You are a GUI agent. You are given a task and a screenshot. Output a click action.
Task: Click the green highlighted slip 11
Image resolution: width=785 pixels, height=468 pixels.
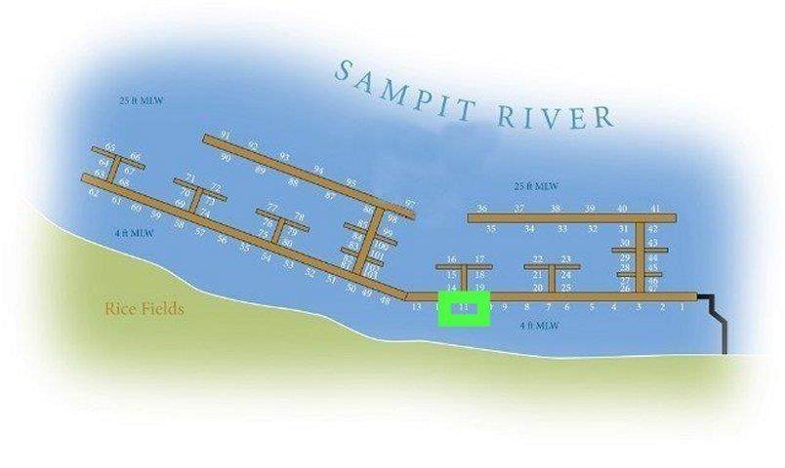click(464, 308)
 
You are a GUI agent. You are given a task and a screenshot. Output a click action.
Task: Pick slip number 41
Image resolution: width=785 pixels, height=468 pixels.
click(655, 209)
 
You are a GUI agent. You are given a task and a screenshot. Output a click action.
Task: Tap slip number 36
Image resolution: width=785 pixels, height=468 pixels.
click(481, 209)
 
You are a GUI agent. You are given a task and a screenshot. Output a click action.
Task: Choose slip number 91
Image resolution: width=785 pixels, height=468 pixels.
click(226, 136)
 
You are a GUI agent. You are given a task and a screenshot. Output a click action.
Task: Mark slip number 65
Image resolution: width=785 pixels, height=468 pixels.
click(110, 148)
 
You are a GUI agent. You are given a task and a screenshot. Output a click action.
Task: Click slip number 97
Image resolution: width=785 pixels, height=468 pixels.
click(409, 205)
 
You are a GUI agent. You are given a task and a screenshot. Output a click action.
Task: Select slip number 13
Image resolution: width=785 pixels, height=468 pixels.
click(417, 307)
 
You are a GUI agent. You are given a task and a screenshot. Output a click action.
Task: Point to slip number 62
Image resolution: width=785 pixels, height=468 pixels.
click(94, 192)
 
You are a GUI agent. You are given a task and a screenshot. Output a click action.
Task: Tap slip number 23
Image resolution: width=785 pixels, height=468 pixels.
click(565, 259)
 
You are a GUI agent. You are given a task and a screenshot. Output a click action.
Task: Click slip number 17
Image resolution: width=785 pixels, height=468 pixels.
click(479, 259)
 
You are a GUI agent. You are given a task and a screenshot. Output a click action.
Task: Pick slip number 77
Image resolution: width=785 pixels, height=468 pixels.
click(272, 208)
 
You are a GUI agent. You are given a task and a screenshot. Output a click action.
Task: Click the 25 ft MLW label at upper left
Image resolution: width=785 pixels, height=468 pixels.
click(138, 100)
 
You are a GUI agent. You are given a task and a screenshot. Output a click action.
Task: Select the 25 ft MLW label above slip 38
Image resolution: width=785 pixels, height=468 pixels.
click(536, 186)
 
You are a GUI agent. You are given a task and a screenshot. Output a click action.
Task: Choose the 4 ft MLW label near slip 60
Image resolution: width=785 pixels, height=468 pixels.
click(134, 233)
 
